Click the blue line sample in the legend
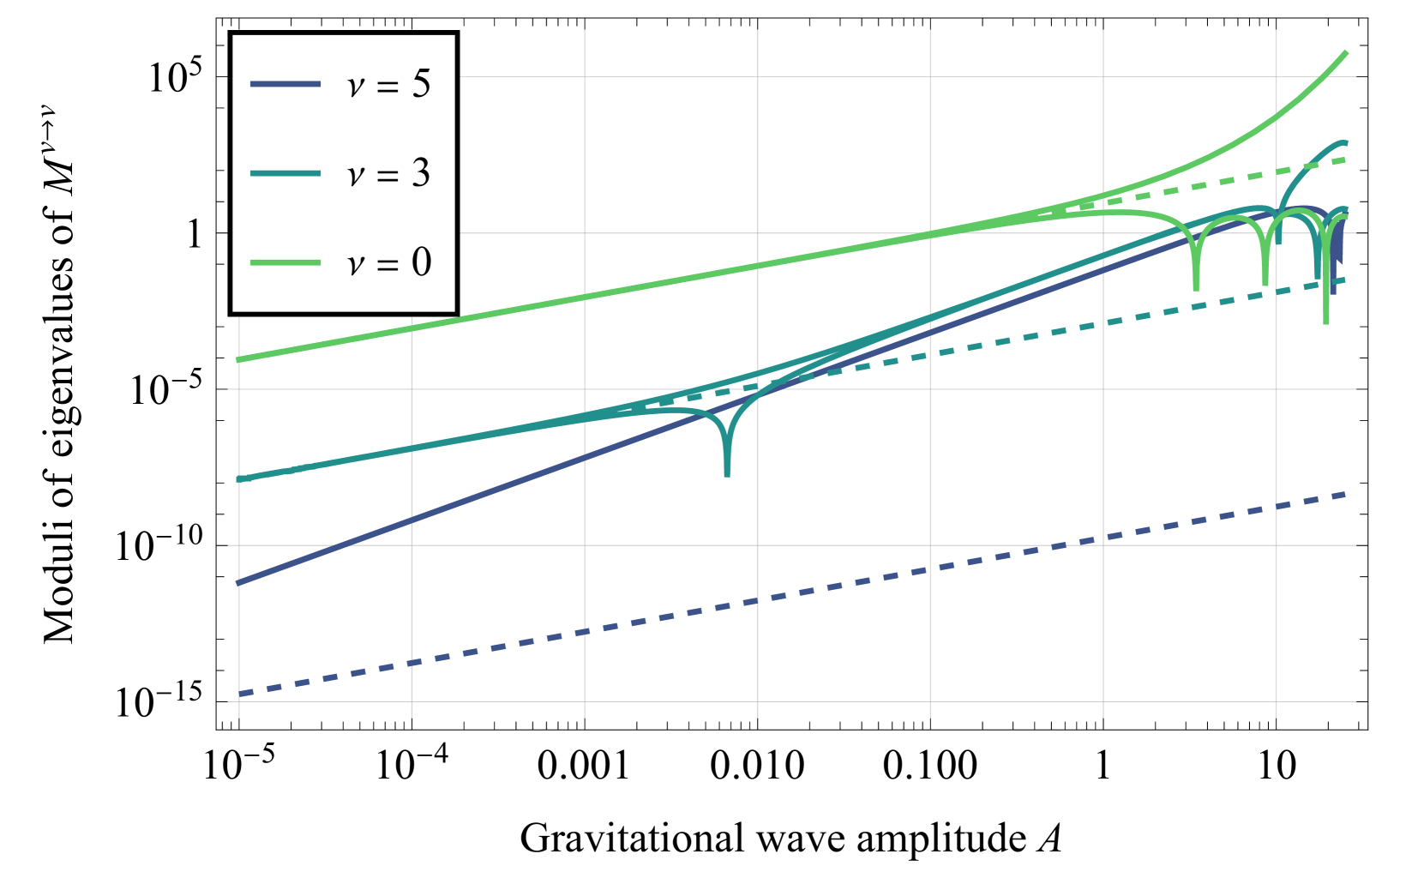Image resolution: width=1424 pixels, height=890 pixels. pyautogui.click(x=285, y=84)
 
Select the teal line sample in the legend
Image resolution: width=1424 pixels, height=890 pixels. pyautogui.click(x=285, y=173)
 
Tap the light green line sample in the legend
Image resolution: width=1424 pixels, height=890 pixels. pyautogui.click(x=285, y=262)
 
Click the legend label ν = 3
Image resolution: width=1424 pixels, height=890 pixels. pyautogui.click(x=388, y=173)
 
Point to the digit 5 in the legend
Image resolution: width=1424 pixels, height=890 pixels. pyautogui.click(x=421, y=84)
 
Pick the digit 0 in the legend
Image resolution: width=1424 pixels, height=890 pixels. pyautogui.click(x=421, y=262)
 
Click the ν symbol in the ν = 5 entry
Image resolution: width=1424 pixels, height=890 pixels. pyautogui.click(x=356, y=86)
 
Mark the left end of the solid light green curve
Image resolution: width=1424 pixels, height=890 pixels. pyautogui.click(x=239, y=360)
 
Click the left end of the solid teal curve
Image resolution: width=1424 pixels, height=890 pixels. pyautogui.click(x=239, y=479)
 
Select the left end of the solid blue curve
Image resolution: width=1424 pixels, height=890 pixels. pyautogui.click(x=239, y=583)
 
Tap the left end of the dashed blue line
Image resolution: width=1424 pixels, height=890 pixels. pyautogui.click(x=239, y=694)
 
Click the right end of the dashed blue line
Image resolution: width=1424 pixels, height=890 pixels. pyautogui.click(x=1346, y=495)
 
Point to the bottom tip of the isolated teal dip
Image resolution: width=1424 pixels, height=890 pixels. pyautogui.click(x=727, y=474)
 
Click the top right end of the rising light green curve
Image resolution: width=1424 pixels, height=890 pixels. pyautogui.click(x=1346, y=53)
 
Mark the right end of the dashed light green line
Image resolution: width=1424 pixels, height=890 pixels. pyautogui.click(x=1346, y=159)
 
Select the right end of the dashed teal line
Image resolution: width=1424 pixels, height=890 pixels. pyautogui.click(x=1346, y=280)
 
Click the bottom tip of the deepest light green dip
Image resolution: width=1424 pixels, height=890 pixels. pyautogui.click(x=1326, y=322)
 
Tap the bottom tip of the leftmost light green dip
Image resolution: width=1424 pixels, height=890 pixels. pyautogui.click(x=1196, y=289)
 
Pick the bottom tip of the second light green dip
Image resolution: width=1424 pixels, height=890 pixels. pyautogui.click(x=1265, y=284)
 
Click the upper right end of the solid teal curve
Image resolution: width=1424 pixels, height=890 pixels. pyautogui.click(x=1346, y=142)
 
